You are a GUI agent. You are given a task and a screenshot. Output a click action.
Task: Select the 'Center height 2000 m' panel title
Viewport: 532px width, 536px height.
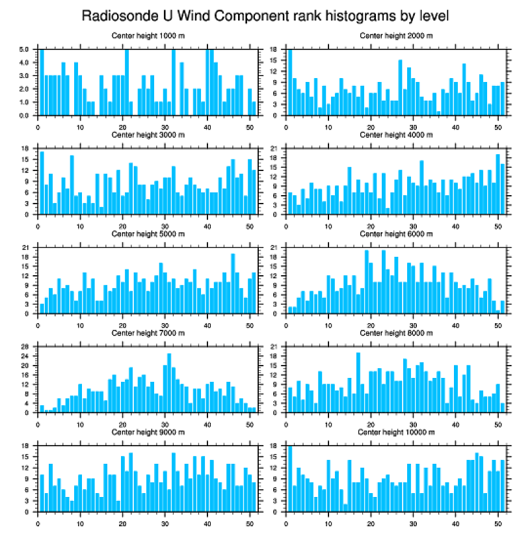pos(396,36)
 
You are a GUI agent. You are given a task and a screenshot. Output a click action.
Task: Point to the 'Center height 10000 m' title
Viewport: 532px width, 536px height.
pos(396,432)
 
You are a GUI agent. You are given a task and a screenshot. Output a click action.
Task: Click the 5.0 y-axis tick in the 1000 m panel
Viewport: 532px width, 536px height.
pos(23,49)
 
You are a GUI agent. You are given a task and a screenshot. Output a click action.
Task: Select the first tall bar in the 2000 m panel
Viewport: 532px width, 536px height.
pos(290,83)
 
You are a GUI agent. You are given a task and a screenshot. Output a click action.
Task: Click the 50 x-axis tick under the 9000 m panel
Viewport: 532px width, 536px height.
pos(250,521)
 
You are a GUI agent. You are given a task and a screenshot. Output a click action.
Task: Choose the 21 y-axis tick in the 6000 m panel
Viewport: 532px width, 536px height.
pos(274,248)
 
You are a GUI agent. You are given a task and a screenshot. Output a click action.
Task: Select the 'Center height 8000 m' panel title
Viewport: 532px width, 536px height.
pos(396,332)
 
